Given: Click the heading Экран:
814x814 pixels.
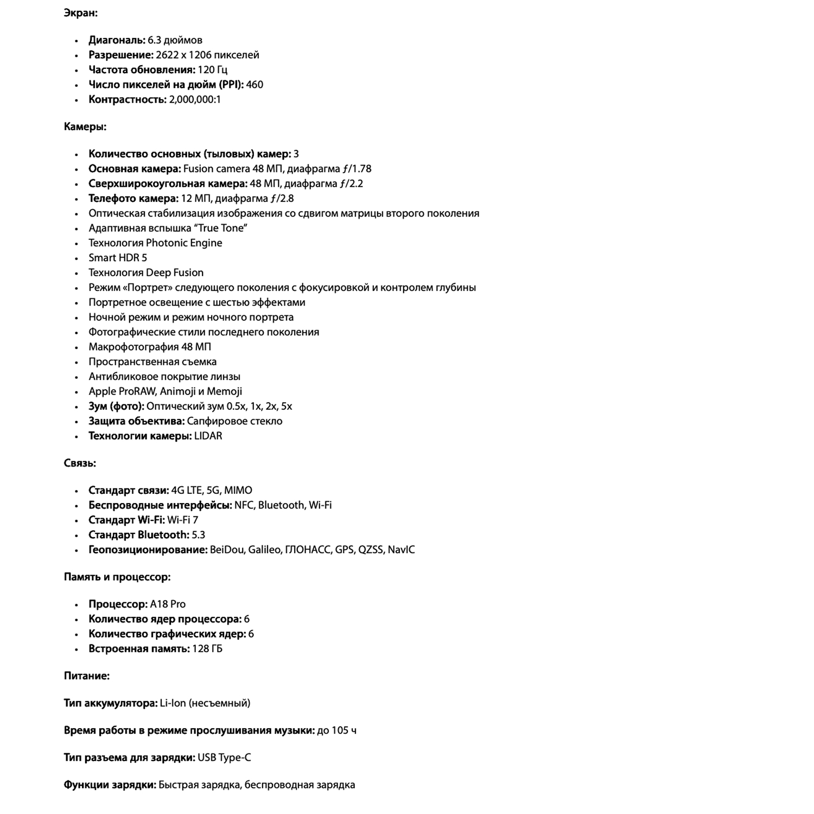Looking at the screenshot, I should (80, 13).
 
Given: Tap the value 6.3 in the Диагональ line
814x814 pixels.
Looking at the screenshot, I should (154, 40).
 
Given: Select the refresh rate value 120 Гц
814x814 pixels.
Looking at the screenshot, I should (212, 70).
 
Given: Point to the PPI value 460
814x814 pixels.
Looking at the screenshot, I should (255, 85).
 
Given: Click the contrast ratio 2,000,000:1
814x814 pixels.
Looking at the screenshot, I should (195, 100).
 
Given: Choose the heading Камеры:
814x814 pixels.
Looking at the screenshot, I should (85, 127).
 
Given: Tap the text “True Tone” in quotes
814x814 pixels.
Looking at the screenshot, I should (220, 228).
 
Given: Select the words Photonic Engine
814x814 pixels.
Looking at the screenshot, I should (184, 243).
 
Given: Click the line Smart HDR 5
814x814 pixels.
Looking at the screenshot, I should (118, 258).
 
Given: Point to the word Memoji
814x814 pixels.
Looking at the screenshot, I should (224, 392).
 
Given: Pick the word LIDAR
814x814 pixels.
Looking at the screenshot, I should (208, 436).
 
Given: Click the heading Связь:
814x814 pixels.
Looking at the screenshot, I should (80, 463).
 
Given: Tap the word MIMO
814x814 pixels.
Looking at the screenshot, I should (238, 491).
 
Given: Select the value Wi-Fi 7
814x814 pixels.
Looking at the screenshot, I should (183, 520).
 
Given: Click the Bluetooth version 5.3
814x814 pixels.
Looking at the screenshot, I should (199, 535).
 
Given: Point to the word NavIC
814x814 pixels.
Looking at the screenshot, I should (401, 550).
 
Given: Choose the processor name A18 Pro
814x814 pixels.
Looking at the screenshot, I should (168, 605).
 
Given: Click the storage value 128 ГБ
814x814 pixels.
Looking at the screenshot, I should (207, 649).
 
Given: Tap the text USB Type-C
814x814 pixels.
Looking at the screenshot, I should (224, 758).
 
